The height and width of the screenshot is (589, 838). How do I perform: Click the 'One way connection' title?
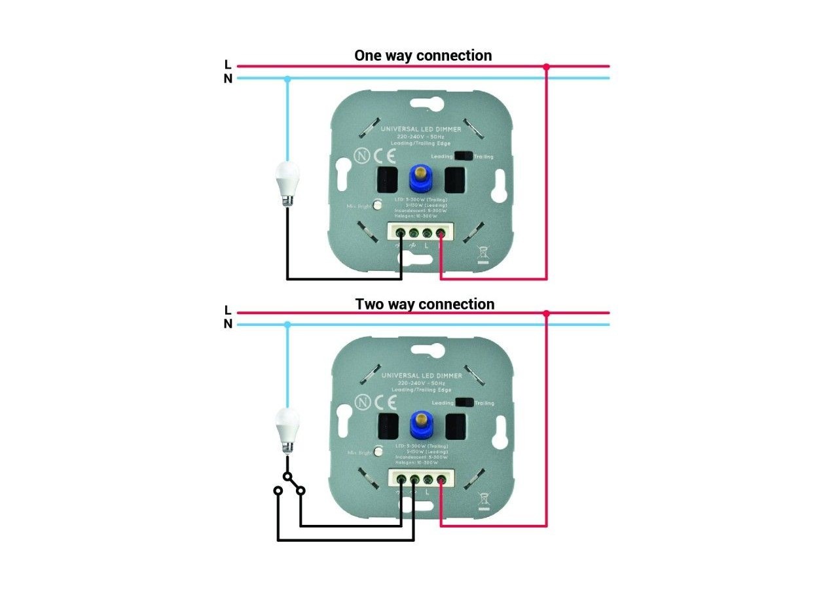pos(423,55)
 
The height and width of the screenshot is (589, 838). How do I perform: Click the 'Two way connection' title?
pos(425,304)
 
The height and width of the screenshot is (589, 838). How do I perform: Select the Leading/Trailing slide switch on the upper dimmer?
pos(464,156)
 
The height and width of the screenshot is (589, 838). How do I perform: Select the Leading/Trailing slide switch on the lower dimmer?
pos(464,403)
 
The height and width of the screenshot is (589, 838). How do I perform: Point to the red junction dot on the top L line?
pos(547,66)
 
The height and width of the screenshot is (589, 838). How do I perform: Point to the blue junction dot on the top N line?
pos(287,79)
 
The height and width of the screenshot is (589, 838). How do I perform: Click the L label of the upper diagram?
pos(228,65)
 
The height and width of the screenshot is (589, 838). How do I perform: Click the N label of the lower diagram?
pos(228,324)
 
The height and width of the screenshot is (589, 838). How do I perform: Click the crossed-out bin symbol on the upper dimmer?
pos(484,252)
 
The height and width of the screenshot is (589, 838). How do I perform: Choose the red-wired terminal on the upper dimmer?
pos(441,232)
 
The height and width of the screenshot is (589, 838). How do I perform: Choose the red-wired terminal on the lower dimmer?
pos(441,481)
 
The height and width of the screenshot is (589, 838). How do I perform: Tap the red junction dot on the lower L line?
pos(547,314)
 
